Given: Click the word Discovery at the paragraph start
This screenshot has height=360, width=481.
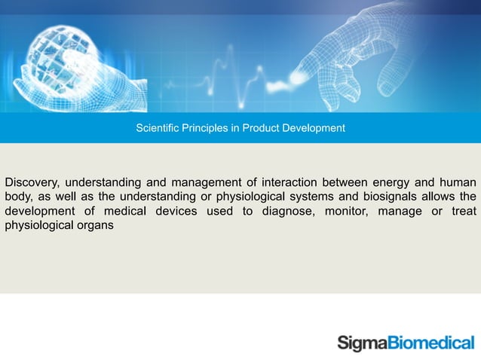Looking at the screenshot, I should coord(31,182).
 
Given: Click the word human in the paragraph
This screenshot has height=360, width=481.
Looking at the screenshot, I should coord(456,182).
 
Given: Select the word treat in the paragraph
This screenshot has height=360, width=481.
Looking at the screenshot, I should coord(463,211).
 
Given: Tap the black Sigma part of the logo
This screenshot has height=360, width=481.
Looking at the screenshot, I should coord(362,343).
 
